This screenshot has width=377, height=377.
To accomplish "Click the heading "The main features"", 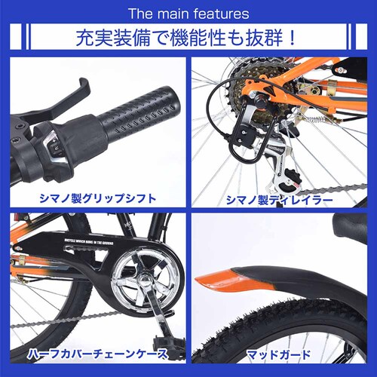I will pyautogui.click(x=188, y=14).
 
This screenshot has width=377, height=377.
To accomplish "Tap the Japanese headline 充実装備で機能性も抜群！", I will pyautogui.click(x=188, y=37).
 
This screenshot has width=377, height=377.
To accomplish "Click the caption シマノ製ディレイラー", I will pyautogui.click(x=280, y=200).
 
